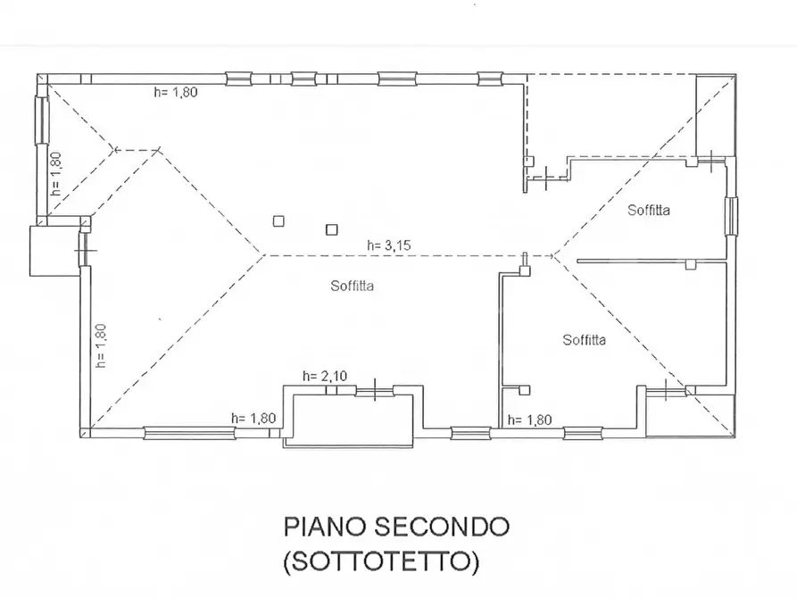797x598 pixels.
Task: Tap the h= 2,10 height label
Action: pos(324,377)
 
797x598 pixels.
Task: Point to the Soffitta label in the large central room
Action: pos(351,287)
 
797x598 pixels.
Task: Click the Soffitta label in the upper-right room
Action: pos(649,211)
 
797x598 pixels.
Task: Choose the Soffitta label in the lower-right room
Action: pos(585,339)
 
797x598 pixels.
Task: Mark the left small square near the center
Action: pos(279,220)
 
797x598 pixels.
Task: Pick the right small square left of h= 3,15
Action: pos(331,229)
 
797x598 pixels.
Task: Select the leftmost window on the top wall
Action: pos(239,79)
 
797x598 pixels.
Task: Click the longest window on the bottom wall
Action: pos(189,435)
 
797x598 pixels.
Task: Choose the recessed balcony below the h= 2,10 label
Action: pos(350,417)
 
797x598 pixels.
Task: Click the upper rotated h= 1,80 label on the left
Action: pos(55,174)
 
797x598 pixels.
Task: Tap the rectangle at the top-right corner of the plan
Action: pos(714,112)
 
